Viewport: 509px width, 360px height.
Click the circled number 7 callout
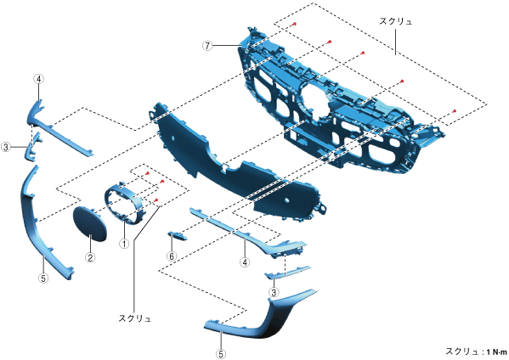click(x=207, y=46)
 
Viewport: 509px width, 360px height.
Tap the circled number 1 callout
click(x=124, y=244)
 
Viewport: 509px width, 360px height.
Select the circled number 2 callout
click(x=90, y=257)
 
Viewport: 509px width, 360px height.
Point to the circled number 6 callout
click(x=172, y=256)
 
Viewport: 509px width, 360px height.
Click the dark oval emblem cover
click(x=89, y=224)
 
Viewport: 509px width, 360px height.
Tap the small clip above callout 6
click(x=177, y=236)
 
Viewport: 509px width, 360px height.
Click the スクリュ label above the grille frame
click(x=396, y=21)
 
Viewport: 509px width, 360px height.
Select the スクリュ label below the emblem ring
click(x=135, y=318)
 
